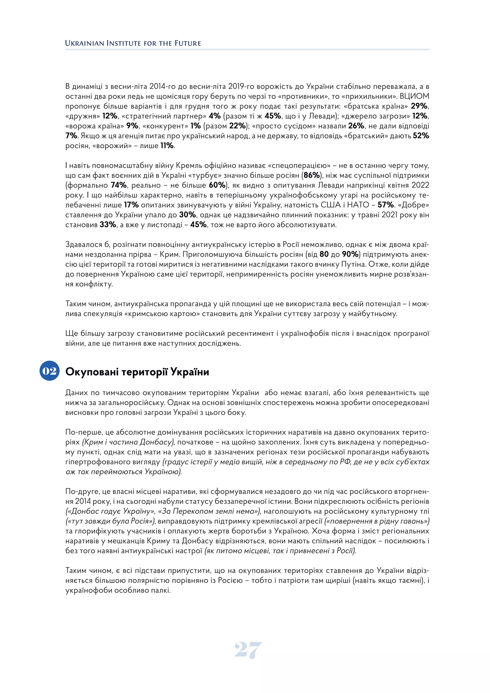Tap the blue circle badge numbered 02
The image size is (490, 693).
pyautogui.click(x=50, y=371)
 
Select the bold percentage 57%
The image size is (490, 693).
pyautogui.click(x=386, y=205)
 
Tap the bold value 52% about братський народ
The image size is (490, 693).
pyautogui.click(x=421, y=136)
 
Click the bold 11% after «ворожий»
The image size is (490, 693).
pyautogui.click(x=167, y=146)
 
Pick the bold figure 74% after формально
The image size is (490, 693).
pyautogui.click(x=119, y=185)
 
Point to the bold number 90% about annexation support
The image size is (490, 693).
pyautogui.click(x=350, y=254)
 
